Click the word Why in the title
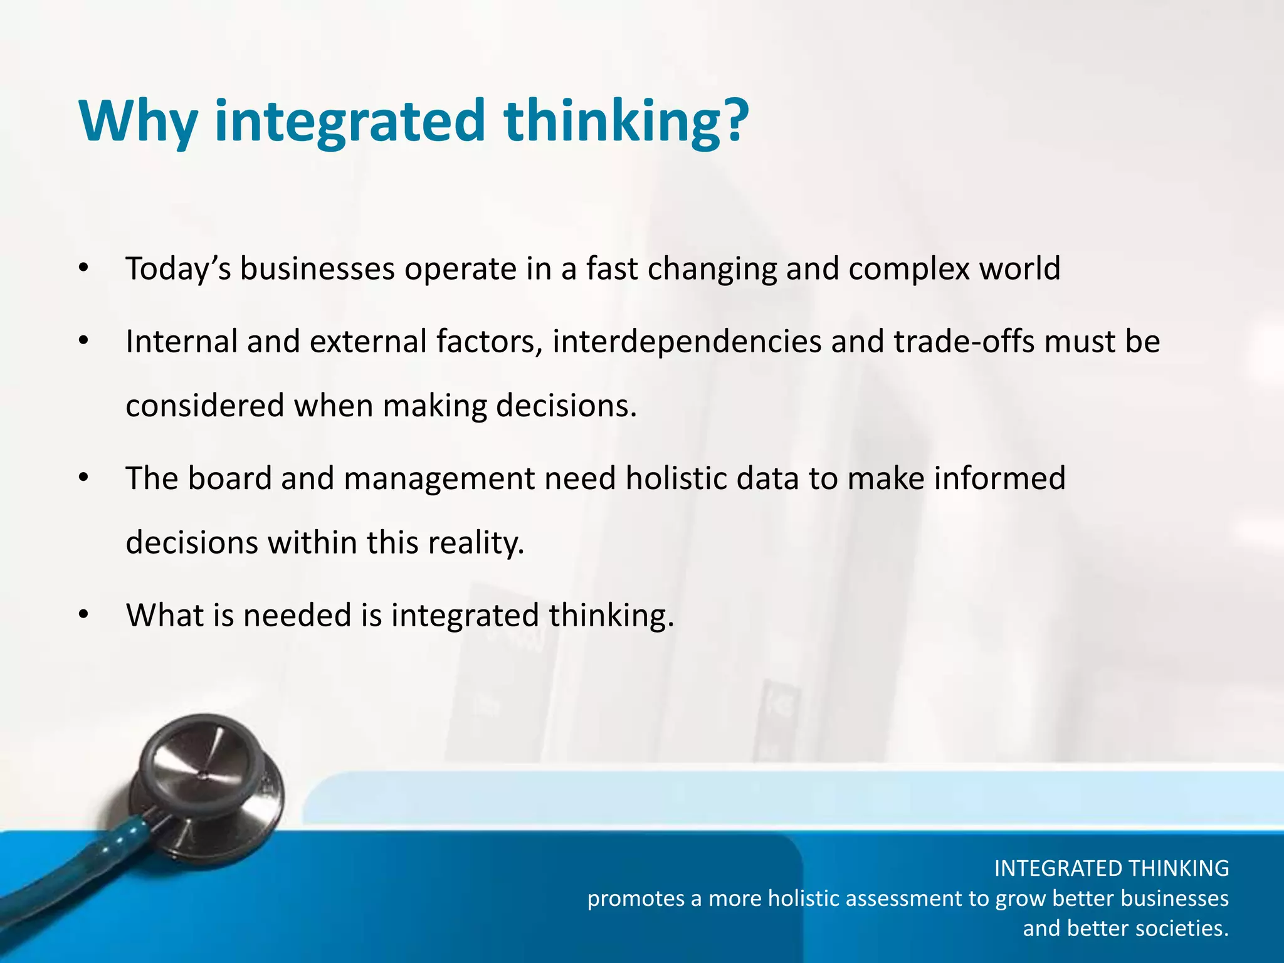point(138,120)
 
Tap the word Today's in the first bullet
point(178,270)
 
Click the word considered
point(204,406)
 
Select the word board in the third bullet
point(229,478)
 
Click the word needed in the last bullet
point(297,615)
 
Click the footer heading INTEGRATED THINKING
point(1111,868)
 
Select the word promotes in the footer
point(636,899)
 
